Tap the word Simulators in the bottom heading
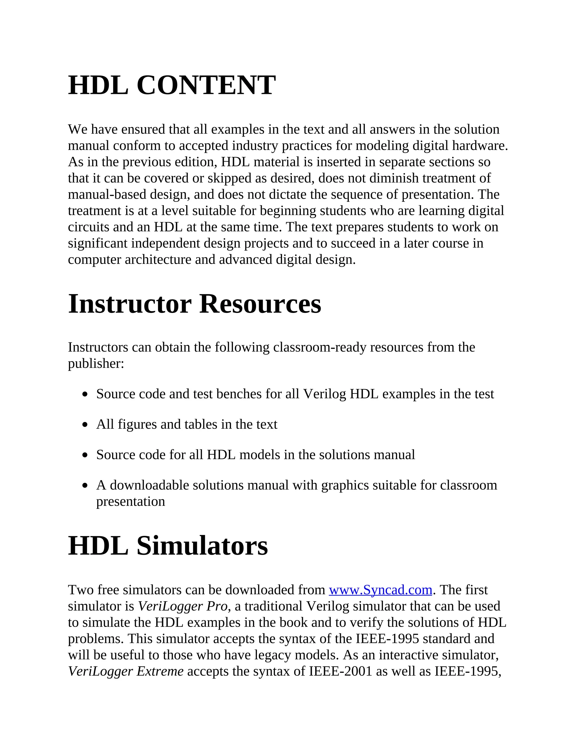click(202, 545)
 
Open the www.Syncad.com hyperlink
click(380, 590)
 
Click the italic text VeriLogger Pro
click(183, 606)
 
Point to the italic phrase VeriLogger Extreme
click(126, 671)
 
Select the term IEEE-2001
click(340, 671)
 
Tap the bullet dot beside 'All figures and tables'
click(85, 425)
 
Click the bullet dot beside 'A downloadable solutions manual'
click(85, 486)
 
